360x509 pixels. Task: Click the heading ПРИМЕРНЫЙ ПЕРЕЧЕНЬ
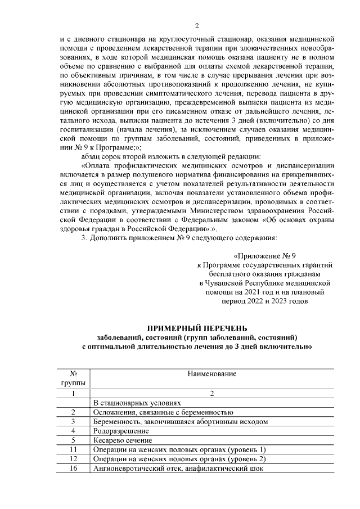click(197, 328)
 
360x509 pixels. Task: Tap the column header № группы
click(73, 378)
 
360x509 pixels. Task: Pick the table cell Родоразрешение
click(118, 431)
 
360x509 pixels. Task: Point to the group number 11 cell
click(73, 449)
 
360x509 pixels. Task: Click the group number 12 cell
click(73, 458)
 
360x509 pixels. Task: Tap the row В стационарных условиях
click(137, 403)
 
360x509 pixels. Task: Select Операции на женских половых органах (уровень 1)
click(179, 449)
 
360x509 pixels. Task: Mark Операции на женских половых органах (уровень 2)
click(179, 458)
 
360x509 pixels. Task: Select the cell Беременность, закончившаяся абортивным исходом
click(180, 421)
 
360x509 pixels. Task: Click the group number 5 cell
click(73, 440)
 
